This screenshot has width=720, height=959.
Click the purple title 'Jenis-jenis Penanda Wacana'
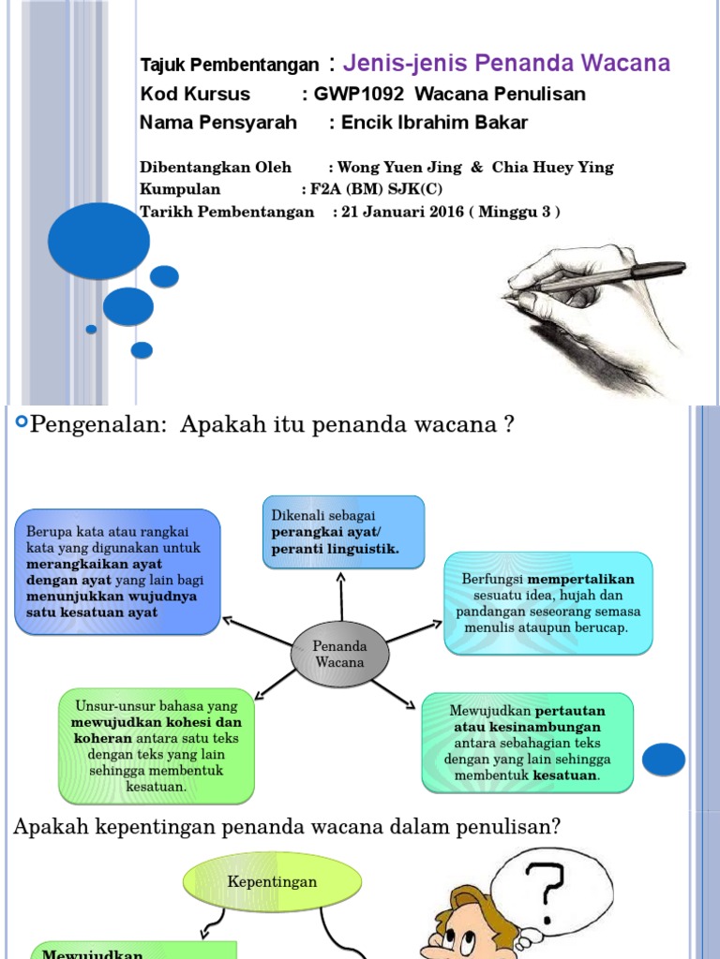pos(506,64)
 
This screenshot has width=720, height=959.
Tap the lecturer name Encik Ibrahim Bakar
pos(434,123)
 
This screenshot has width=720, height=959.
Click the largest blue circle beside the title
pos(98,240)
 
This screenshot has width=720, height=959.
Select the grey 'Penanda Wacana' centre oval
pos(339,654)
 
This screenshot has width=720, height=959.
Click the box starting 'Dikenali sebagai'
pos(343,532)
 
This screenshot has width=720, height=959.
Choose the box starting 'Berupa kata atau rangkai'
pos(117,571)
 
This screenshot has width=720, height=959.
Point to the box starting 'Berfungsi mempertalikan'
pos(548,602)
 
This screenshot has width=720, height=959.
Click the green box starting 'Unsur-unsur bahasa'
pos(157,745)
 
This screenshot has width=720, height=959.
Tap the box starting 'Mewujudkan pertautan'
pos(527,743)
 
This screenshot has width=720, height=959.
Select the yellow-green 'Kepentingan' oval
pos(272,882)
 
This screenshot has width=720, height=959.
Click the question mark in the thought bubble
pos(546,885)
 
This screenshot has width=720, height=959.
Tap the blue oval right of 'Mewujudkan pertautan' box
pos(664,759)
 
